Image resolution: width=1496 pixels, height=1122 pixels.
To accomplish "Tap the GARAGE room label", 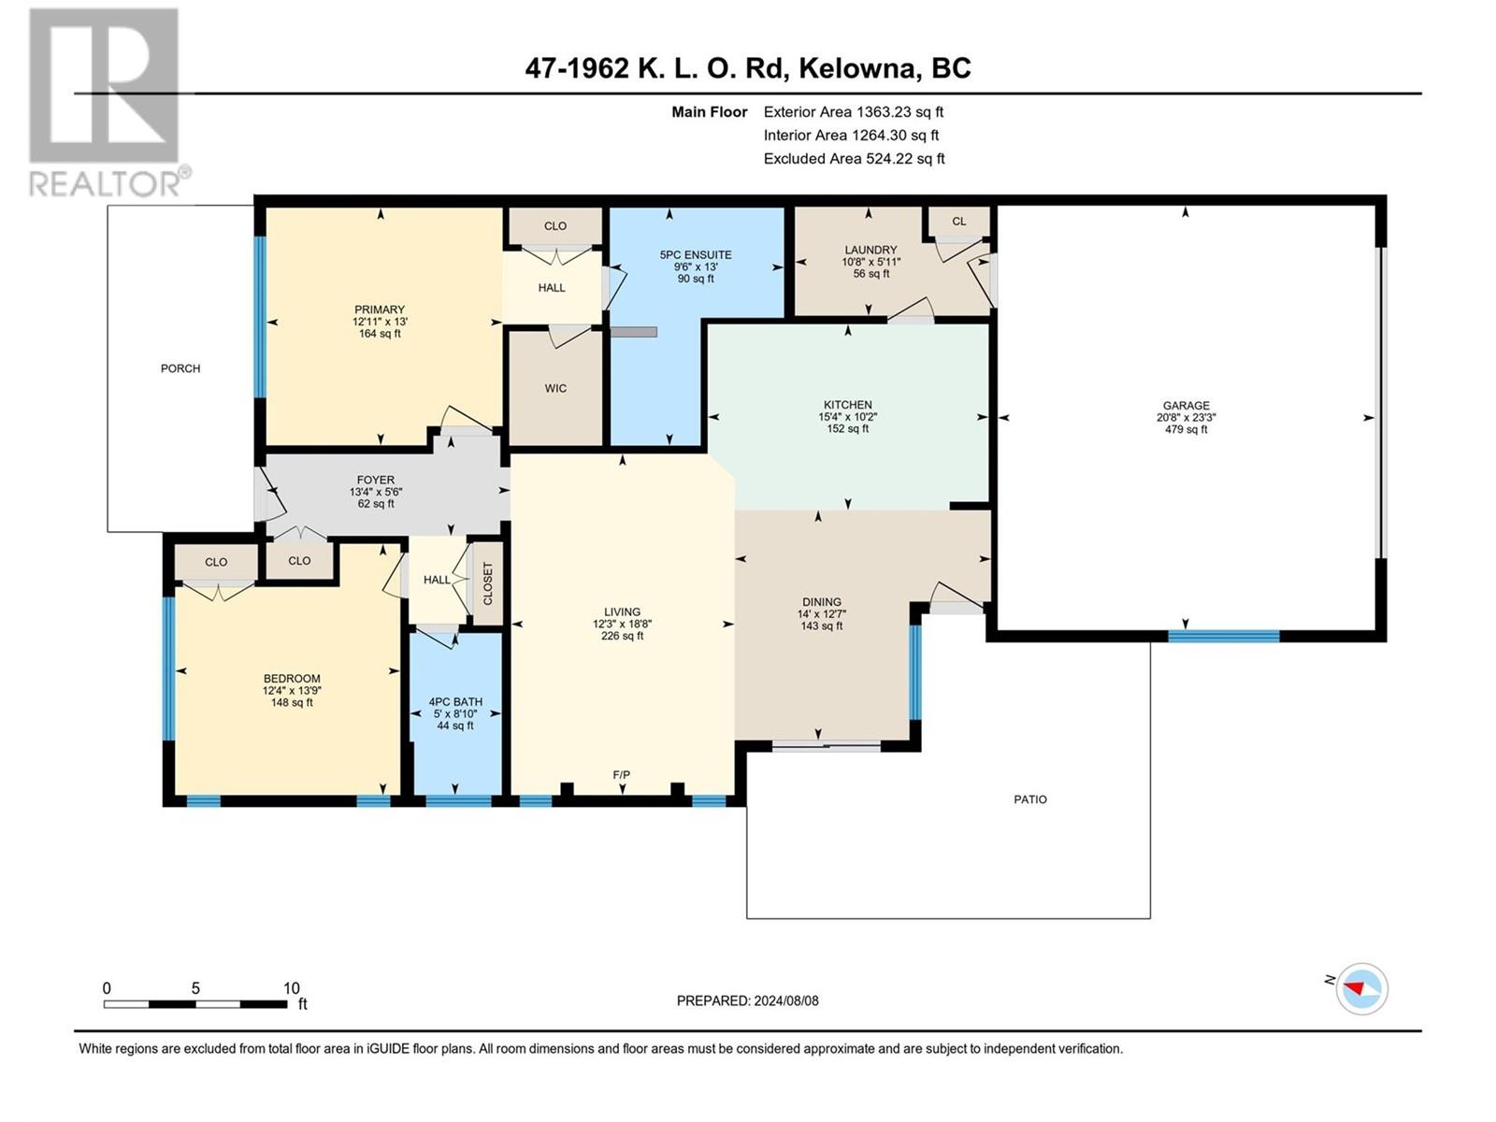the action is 1186,406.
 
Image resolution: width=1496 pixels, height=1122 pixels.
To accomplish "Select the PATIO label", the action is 1029,799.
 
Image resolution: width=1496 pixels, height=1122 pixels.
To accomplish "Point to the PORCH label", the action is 180,368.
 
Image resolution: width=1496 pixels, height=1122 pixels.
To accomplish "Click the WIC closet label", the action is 555,388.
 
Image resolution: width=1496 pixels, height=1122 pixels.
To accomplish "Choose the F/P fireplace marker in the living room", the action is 622,774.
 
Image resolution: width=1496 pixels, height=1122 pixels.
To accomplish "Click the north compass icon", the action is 1361,988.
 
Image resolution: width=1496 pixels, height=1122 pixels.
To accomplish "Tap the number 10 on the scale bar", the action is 291,987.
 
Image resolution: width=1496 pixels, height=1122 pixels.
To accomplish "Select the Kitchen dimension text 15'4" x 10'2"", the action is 848,417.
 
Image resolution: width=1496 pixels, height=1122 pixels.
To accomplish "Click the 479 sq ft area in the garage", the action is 1186,429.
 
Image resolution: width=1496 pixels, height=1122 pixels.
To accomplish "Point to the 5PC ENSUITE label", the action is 696,254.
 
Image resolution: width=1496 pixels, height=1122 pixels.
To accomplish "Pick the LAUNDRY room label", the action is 871,250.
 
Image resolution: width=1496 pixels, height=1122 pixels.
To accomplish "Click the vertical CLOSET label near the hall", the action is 488,583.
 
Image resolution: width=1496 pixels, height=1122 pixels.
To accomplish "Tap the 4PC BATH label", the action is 455,701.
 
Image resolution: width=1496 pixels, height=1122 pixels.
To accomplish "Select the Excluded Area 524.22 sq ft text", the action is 854,159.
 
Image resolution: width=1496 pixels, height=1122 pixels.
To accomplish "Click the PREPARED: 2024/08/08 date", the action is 748,1000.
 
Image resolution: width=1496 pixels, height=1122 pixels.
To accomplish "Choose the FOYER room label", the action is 376,481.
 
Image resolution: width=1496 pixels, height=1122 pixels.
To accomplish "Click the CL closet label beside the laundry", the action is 959,222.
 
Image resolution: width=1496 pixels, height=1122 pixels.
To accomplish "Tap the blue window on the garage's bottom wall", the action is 1224,637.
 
